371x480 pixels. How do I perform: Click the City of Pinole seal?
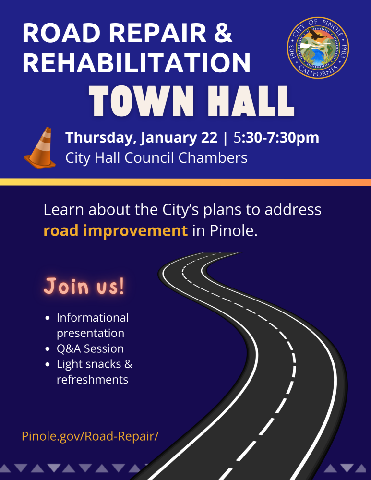[318, 48]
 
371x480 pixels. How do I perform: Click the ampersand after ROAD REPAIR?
[222, 33]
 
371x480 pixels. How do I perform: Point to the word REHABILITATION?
[136, 63]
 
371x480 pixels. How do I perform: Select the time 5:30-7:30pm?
[276, 137]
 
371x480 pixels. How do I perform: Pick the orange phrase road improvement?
[115, 231]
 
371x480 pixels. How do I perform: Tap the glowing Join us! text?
[84, 286]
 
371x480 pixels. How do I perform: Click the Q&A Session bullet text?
[90, 348]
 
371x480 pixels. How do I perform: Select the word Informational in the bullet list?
[93, 317]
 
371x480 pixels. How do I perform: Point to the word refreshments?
[92, 379]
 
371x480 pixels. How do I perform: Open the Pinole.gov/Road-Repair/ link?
[90, 436]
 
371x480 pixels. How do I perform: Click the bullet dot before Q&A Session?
[47, 349]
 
